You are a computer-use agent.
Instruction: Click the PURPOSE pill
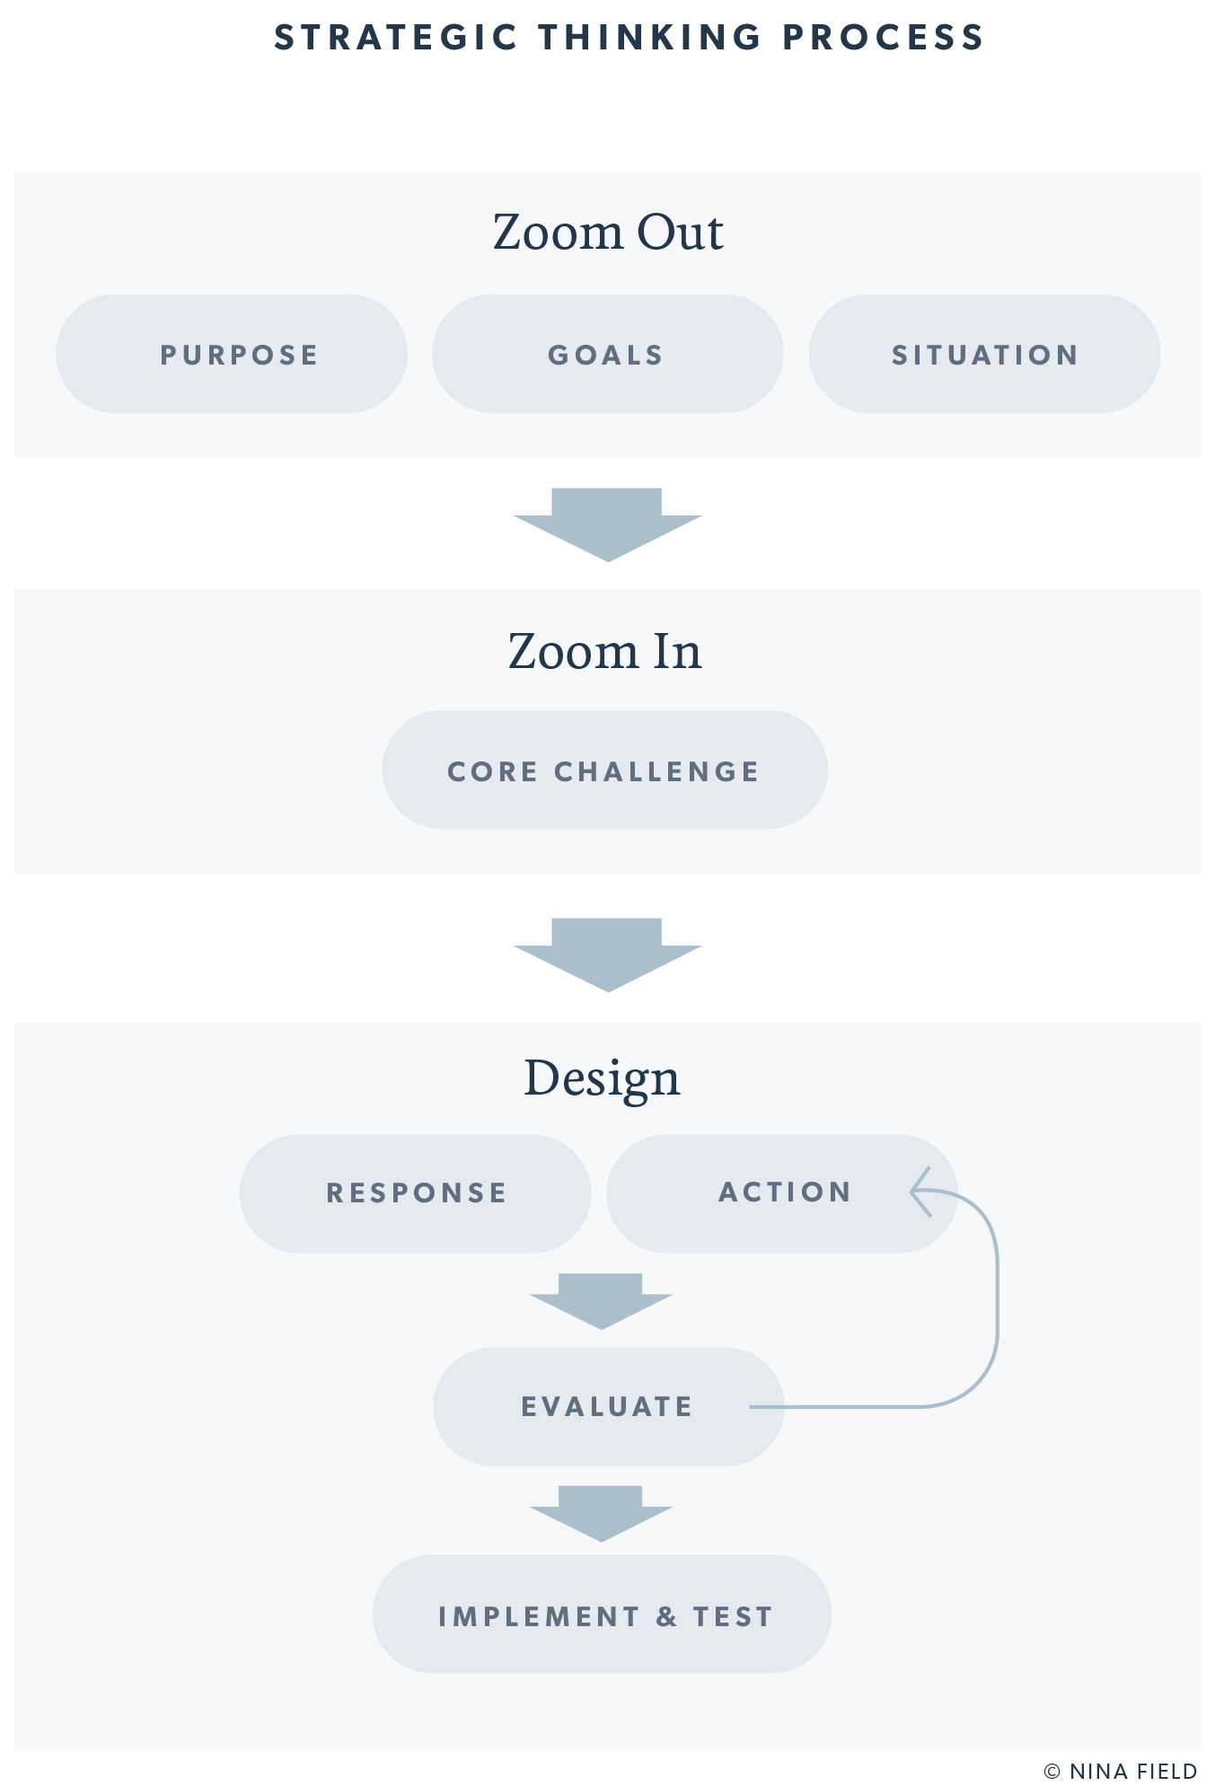(232, 354)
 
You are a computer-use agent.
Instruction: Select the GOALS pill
(607, 354)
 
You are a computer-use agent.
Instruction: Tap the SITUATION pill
(984, 354)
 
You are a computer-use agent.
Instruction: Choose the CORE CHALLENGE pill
(604, 770)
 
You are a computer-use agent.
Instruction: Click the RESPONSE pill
(416, 1192)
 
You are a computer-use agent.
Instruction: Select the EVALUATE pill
(608, 1406)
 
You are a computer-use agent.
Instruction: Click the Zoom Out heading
(608, 232)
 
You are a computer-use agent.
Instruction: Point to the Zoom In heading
(604, 651)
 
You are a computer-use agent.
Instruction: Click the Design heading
(602, 1078)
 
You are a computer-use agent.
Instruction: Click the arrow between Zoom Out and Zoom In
(608, 524)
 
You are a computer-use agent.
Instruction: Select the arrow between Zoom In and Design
(608, 955)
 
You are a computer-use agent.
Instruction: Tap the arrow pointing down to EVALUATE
(601, 1300)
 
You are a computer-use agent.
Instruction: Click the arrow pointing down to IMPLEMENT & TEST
(601, 1513)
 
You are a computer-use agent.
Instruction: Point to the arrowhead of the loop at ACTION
(920, 1192)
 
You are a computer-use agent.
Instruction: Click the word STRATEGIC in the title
(396, 38)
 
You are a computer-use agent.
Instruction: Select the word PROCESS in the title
(884, 38)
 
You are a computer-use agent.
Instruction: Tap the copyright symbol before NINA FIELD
(1052, 1771)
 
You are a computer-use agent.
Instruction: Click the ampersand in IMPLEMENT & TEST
(666, 1616)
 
